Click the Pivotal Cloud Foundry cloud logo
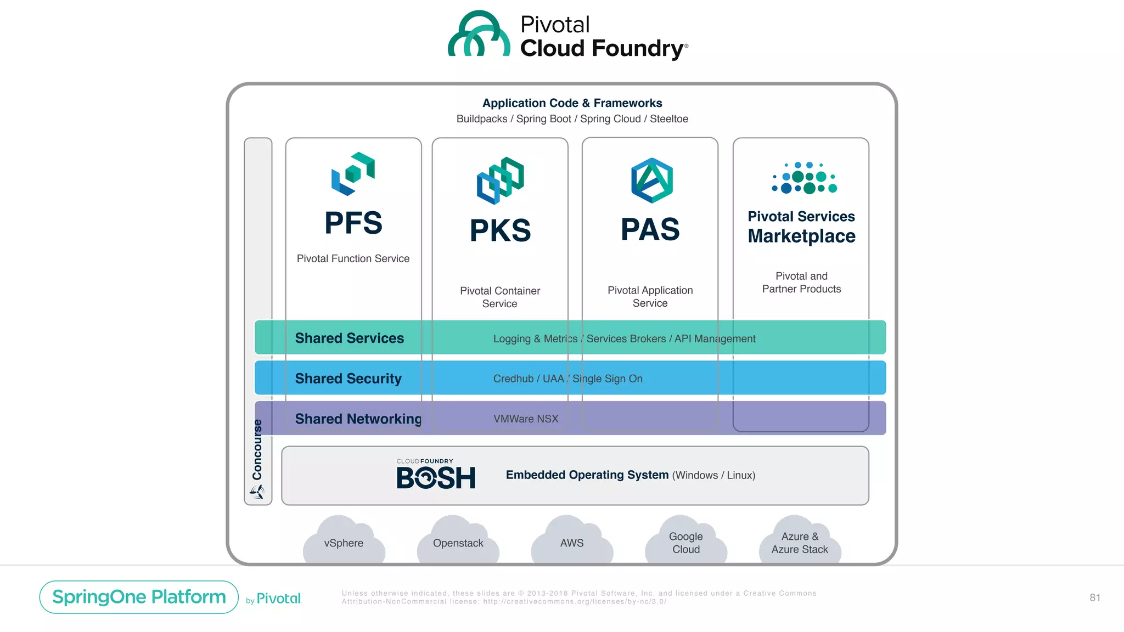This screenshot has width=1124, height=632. tap(479, 35)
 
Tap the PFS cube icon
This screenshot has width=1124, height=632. tap(353, 173)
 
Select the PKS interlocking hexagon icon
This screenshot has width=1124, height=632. tap(500, 180)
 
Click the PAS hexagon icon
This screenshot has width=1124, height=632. tap(651, 180)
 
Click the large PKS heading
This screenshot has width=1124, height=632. tap(500, 230)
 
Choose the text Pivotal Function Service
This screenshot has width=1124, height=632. tap(353, 258)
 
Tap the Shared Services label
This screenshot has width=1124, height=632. tap(349, 338)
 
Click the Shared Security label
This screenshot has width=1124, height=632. tap(348, 379)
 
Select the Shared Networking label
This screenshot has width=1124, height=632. tap(358, 419)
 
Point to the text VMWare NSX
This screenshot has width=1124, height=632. tap(525, 419)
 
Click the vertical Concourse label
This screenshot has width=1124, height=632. tap(257, 450)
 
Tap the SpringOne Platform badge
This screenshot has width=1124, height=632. tap(139, 597)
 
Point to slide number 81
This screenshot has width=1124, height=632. tap(1094, 598)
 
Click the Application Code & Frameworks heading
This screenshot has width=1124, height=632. tap(572, 103)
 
